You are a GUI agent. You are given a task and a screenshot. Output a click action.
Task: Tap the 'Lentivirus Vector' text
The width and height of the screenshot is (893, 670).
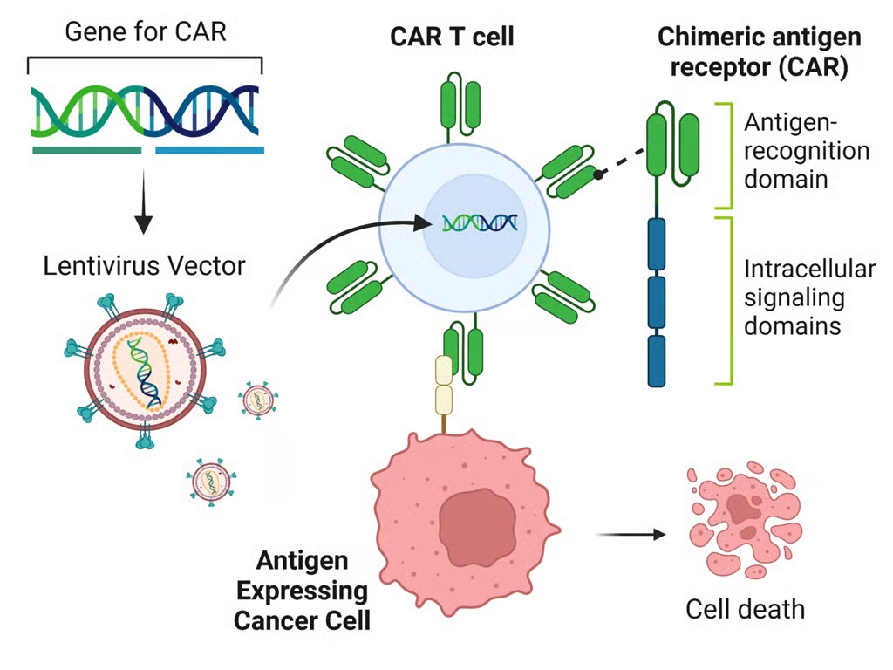click(144, 264)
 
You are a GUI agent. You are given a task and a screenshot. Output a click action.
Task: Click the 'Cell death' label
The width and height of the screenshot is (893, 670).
click(745, 608)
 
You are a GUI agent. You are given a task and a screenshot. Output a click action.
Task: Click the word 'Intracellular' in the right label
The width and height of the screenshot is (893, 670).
click(808, 269)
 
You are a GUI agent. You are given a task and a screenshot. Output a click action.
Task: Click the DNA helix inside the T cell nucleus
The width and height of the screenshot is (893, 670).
click(478, 223)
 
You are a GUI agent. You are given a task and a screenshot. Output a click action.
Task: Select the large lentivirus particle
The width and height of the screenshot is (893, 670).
click(145, 366)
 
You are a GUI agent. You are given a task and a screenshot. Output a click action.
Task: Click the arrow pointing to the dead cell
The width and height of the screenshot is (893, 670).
click(630, 533)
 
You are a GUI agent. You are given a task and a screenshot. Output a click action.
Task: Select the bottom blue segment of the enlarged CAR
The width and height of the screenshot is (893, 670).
click(657, 361)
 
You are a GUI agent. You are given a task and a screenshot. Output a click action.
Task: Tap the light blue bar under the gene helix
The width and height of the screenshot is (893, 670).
click(209, 151)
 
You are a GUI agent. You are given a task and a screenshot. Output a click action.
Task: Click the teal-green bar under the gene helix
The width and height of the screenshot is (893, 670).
click(86, 151)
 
